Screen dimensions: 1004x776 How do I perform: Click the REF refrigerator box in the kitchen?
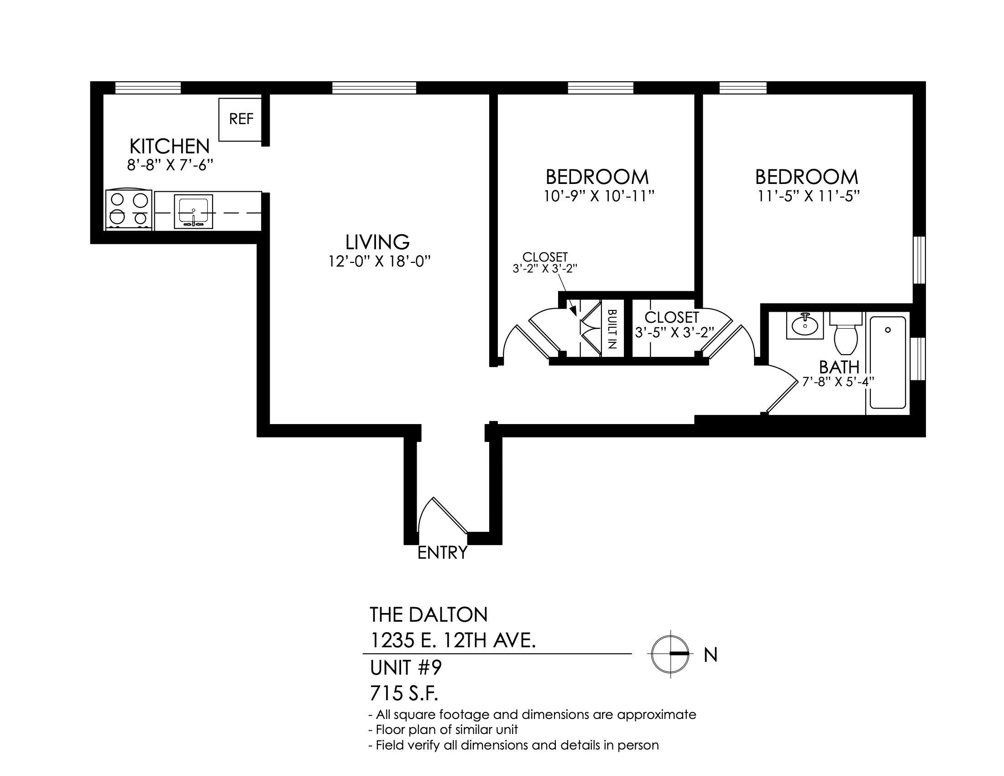[x=240, y=120]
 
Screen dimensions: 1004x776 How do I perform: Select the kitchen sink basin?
[x=193, y=211]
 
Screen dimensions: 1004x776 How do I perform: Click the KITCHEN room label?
[x=170, y=147]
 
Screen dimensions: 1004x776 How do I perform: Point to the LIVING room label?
[x=377, y=242]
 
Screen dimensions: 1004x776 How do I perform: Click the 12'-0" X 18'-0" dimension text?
[x=379, y=262]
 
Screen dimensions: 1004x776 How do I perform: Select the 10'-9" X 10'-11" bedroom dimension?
[x=599, y=196]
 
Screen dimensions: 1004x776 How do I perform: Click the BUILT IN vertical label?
[x=612, y=329]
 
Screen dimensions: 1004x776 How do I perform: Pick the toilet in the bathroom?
[x=846, y=333]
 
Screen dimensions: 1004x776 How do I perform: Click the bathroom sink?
[x=805, y=325]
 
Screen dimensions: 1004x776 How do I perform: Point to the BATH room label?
[x=839, y=367]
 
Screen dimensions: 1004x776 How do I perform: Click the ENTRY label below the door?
[x=442, y=553]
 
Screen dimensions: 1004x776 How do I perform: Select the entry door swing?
[x=442, y=515]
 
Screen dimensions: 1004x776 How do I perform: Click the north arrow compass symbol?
[x=670, y=654]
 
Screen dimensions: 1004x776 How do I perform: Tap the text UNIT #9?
[x=406, y=668]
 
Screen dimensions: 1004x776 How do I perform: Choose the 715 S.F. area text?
[x=404, y=694]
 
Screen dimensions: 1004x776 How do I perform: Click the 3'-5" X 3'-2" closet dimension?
[x=675, y=332]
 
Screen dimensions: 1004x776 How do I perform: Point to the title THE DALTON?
[x=429, y=615]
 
